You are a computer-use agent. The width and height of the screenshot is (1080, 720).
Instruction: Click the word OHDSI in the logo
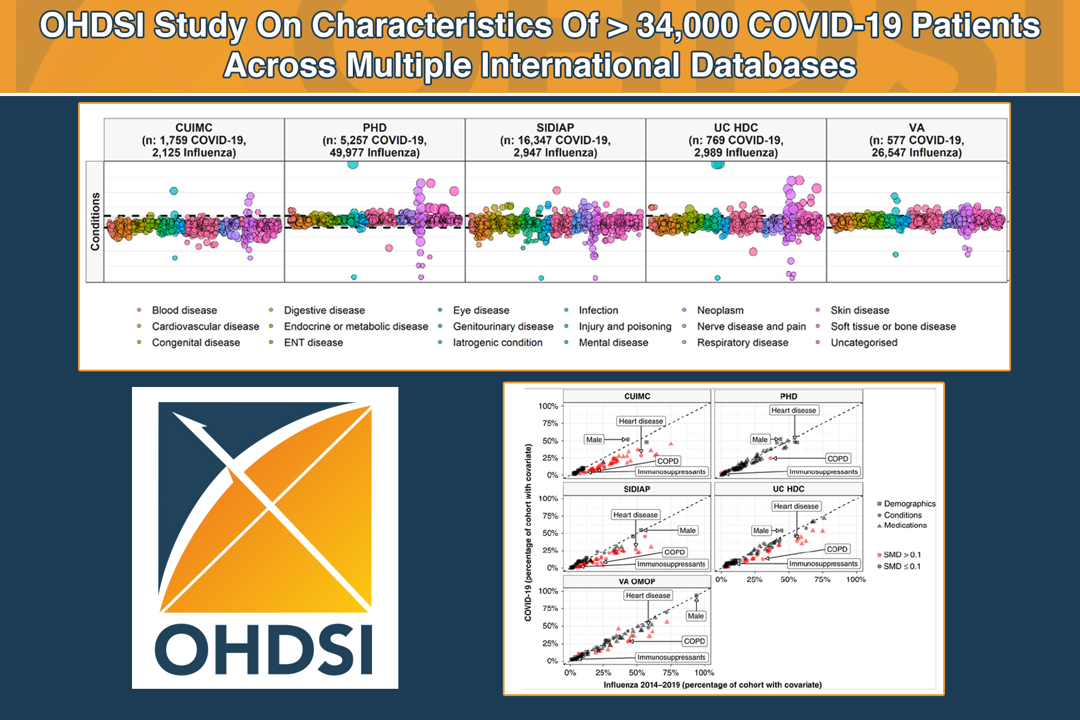[x=265, y=650]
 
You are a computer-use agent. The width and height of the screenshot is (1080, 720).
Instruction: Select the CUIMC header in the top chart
[x=194, y=140]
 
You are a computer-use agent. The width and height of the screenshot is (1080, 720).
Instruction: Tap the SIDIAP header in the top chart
[x=555, y=140]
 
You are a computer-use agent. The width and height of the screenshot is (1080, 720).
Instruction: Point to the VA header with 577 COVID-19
[x=916, y=140]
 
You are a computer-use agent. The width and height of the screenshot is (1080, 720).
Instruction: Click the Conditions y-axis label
[x=95, y=221]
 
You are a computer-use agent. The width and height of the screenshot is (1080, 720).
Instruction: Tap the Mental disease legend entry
[x=606, y=343]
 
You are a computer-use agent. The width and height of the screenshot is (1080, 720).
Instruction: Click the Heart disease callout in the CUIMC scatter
[x=641, y=421]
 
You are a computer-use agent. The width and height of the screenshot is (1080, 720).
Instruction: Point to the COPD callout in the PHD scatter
[x=838, y=458]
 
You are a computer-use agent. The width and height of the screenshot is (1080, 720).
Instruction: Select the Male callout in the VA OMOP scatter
[x=696, y=616]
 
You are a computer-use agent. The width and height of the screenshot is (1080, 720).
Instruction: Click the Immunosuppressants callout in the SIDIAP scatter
[x=671, y=564]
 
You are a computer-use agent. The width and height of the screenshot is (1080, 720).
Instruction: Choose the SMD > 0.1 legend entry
[x=899, y=555]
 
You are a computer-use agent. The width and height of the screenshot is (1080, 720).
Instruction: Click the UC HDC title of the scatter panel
[x=788, y=489]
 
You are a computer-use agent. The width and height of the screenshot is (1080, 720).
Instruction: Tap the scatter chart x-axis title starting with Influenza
[x=713, y=685]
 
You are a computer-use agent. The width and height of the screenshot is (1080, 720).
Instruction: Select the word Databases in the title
[x=773, y=65]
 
